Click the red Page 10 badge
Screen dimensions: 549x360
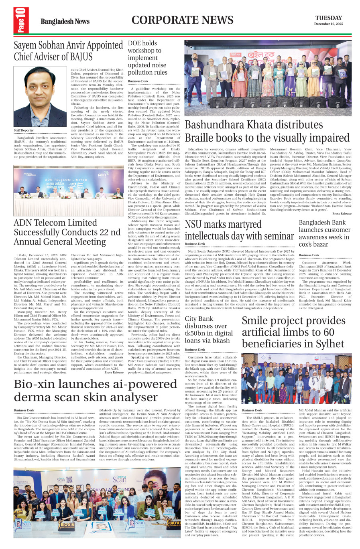pos(21,20)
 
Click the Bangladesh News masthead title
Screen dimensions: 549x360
pos(65,21)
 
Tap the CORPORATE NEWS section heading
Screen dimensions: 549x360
pos(182,20)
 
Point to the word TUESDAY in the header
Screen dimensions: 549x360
pos(328,18)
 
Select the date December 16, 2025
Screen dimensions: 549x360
pos(328,24)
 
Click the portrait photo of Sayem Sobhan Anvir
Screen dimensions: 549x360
pos(40,96)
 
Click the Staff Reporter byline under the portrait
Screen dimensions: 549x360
pos(24,130)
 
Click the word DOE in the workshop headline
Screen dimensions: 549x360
pos(135,43)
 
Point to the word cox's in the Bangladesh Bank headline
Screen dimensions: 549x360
pos(308,244)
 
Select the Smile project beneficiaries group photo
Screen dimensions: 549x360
pos(297,379)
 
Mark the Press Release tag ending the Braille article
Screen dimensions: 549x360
pos(342,214)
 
